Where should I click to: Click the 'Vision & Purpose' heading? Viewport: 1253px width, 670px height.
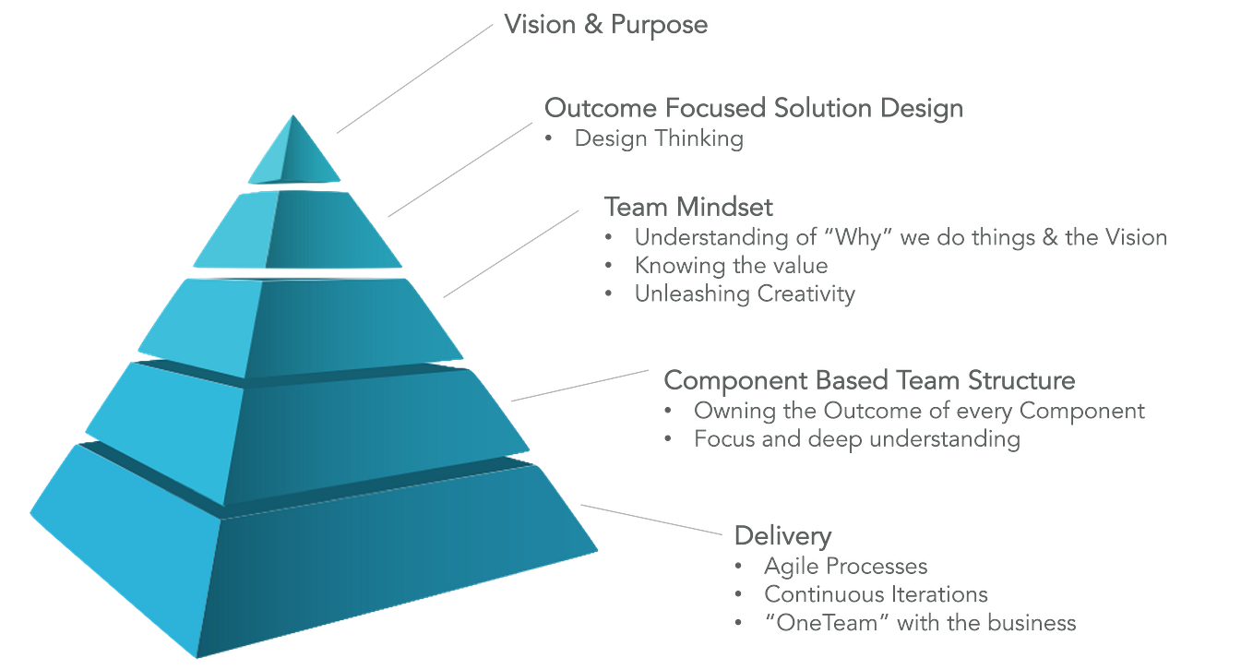tap(605, 24)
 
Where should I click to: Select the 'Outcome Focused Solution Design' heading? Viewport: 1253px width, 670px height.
tap(753, 108)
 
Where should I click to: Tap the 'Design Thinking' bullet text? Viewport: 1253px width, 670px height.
tap(658, 140)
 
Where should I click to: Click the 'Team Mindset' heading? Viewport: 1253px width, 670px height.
tap(687, 205)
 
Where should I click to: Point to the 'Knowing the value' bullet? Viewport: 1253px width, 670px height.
tap(731, 266)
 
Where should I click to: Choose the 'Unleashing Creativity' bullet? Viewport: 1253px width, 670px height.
tap(744, 294)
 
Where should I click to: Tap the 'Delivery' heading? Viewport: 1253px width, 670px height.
tap(782, 535)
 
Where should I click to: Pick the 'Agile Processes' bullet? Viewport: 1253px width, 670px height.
tap(844, 566)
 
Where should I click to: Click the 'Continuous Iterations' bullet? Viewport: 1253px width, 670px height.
tap(875, 594)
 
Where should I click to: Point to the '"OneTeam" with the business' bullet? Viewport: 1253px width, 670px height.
tap(919, 623)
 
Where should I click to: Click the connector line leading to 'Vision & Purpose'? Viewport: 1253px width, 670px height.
tap(415, 78)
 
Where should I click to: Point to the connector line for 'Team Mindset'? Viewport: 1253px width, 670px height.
tap(512, 253)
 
